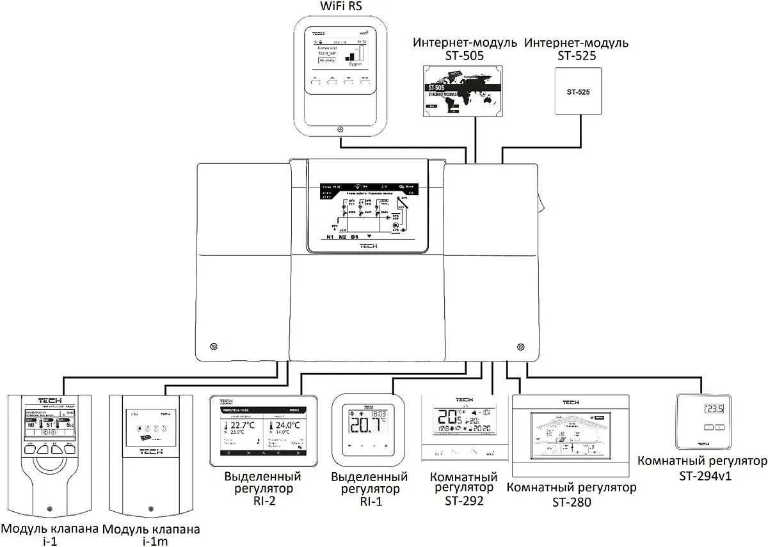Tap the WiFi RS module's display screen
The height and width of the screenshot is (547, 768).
pyautogui.click(x=339, y=55)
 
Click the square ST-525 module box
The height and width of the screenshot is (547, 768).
pyautogui.click(x=578, y=92)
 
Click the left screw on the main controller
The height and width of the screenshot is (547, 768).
pyautogui.click(x=213, y=346)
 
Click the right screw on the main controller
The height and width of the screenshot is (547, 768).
pyautogui.click(x=519, y=346)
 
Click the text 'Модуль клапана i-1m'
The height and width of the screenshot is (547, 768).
pyautogui.click(x=151, y=535)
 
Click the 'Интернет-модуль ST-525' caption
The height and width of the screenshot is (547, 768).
pyautogui.click(x=576, y=49)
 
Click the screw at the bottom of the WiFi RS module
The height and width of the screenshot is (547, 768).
pyautogui.click(x=339, y=129)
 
